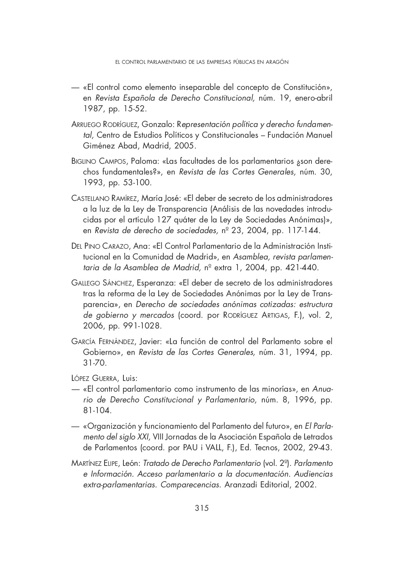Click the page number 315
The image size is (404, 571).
(x=202, y=508)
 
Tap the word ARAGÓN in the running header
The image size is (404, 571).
(x=277, y=62)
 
